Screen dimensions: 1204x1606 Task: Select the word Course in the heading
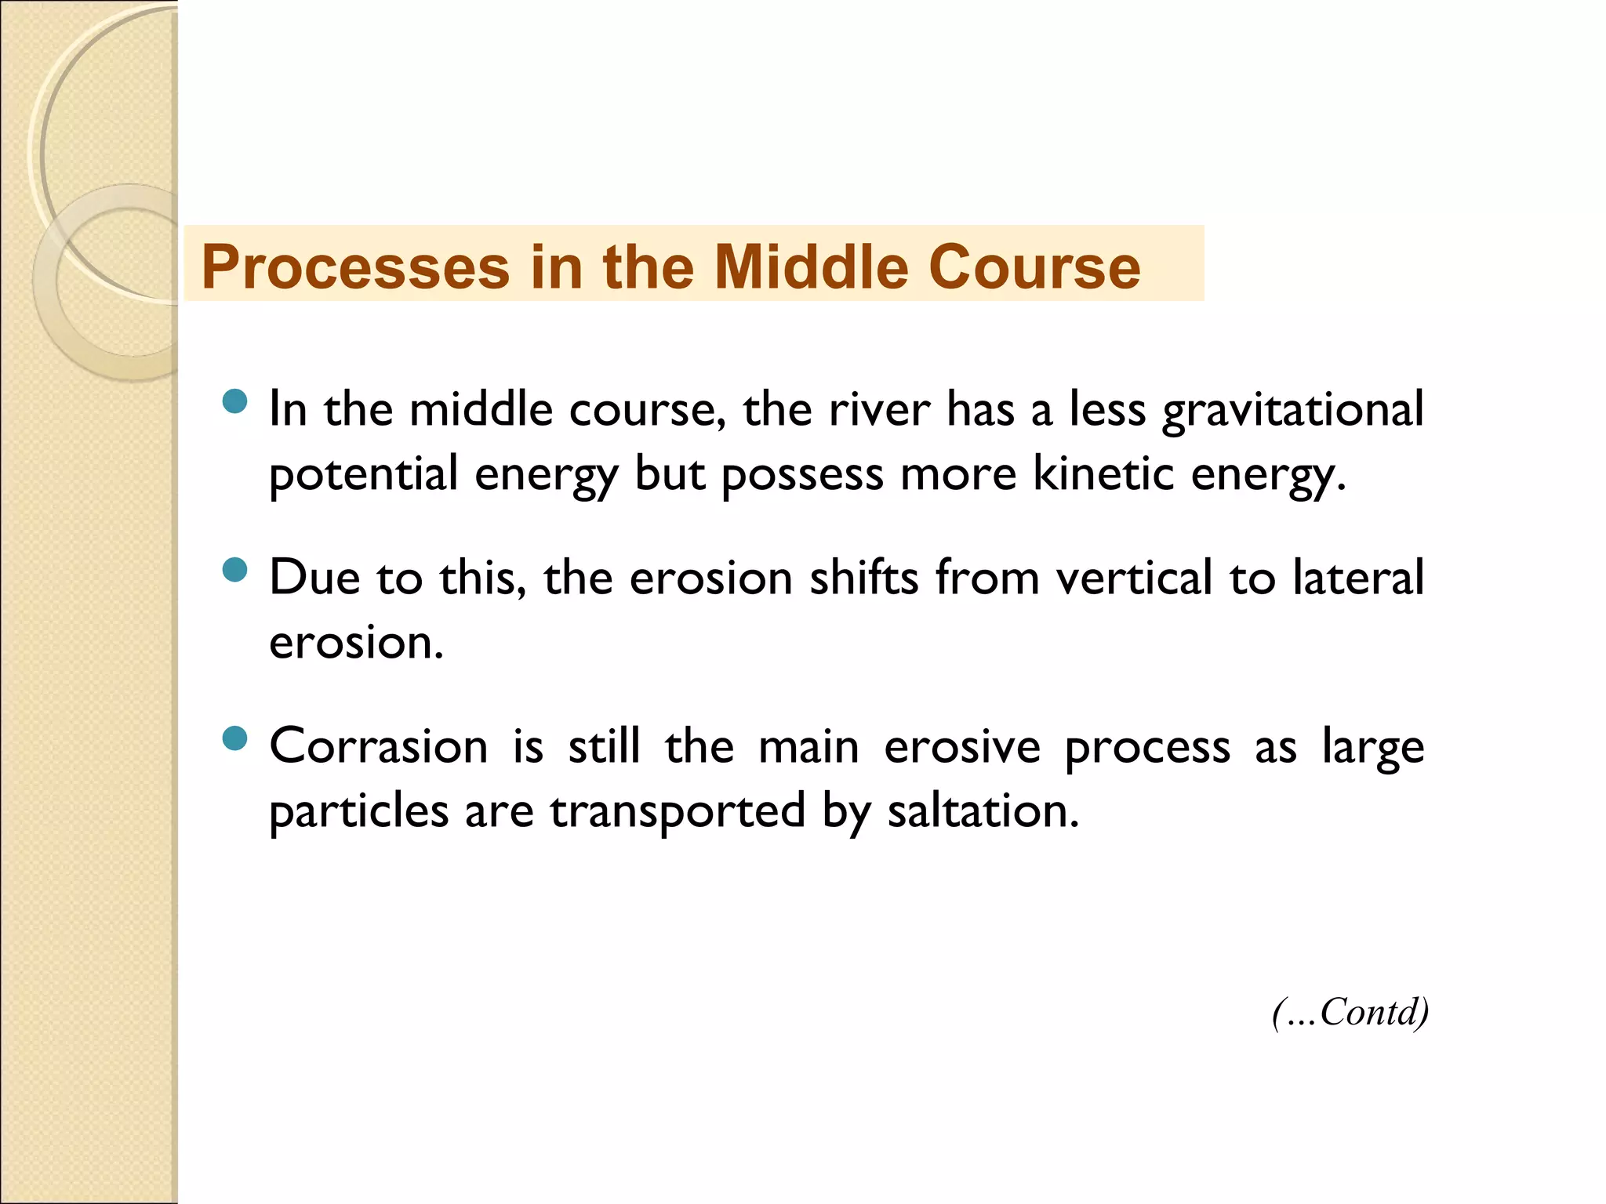pos(1034,267)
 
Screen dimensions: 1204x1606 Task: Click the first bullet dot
pos(234,402)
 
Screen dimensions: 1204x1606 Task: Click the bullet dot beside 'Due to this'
pos(234,570)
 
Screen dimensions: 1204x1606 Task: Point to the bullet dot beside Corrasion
pos(234,738)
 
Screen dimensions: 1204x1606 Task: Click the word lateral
pos(1357,578)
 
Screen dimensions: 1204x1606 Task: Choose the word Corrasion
pos(379,746)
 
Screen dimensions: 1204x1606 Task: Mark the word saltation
pos(983,811)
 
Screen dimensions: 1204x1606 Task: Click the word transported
pos(678,812)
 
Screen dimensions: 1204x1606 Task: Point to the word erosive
pos(962,746)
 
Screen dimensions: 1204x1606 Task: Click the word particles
pos(358,812)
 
